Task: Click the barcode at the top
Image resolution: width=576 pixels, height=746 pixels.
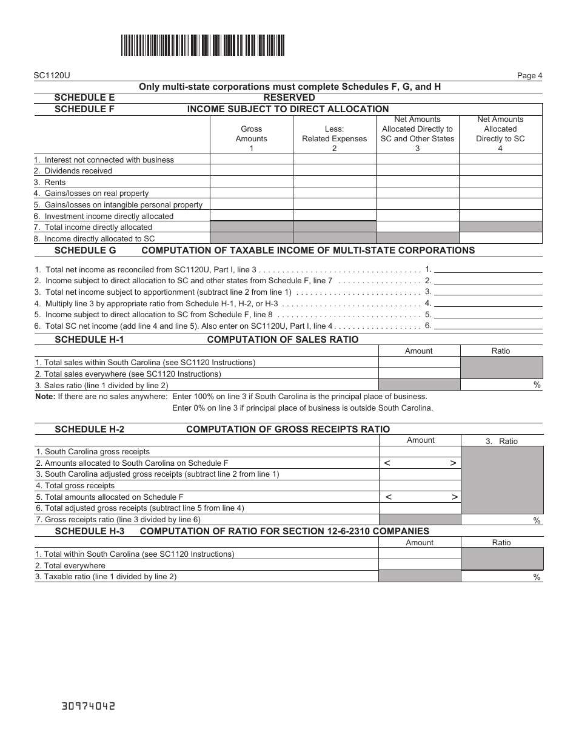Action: [x=203, y=45]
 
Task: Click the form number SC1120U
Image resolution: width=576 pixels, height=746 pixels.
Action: [x=52, y=76]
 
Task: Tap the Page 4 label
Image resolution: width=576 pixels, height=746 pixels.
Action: [x=529, y=76]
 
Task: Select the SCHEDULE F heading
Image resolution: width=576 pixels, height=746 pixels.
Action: [x=84, y=109]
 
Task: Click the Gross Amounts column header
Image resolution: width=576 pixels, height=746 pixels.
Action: [x=251, y=134]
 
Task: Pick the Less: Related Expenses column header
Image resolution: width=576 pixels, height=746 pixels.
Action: [x=334, y=134]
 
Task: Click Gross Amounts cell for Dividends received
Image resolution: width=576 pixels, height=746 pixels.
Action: [x=251, y=171]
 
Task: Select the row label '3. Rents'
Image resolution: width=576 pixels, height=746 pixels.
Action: [x=50, y=183]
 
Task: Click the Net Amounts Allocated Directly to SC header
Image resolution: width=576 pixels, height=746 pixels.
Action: [x=500, y=129]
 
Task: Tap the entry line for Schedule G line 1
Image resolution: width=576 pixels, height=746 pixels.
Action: [x=488, y=269]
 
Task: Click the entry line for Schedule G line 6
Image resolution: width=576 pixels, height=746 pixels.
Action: [x=488, y=326]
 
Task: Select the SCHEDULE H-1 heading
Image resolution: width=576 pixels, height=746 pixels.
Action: [x=89, y=340]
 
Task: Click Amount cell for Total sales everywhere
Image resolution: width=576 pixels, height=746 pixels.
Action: [x=419, y=374]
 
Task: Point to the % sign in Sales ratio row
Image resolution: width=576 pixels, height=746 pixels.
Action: [x=537, y=385]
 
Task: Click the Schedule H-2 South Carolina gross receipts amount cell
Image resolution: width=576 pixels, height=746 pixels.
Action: [x=420, y=452]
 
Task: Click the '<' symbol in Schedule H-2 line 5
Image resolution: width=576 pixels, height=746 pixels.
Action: [x=389, y=497]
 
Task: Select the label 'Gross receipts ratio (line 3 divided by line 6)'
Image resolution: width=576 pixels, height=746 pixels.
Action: [x=118, y=520]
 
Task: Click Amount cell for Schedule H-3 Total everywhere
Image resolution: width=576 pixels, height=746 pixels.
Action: [x=419, y=565]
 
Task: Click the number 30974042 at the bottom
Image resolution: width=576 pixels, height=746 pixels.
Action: [x=89, y=707]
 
